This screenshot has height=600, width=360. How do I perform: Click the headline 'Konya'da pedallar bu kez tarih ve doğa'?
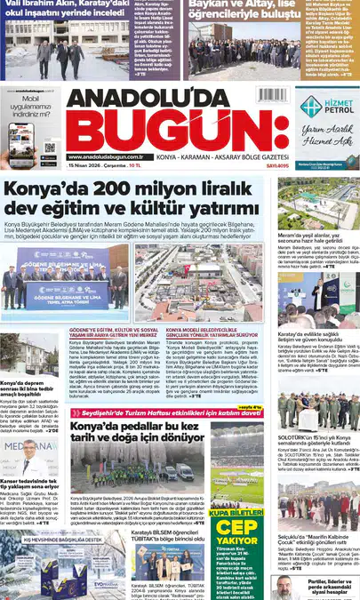(138, 433)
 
